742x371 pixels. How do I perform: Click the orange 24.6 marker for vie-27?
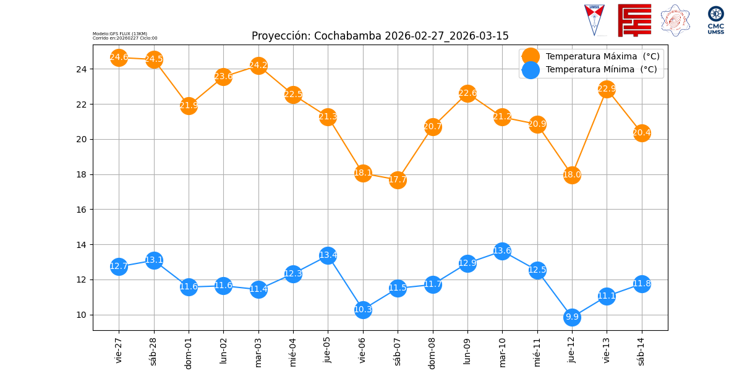pyautogui.click(x=119, y=58)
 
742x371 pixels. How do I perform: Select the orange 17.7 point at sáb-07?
pyautogui.click(x=398, y=180)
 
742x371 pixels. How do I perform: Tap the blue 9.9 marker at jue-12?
pyautogui.click(x=572, y=317)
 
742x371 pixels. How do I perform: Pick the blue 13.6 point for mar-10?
pyautogui.click(x=502, y=251)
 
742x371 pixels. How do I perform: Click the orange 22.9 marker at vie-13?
pyautogui.click(x=607, y=89)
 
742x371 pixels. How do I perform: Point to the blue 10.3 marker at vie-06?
pyautogui.click(x=363, y=310)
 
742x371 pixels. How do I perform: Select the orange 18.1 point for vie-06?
pyautogui.click(x=363, y=173)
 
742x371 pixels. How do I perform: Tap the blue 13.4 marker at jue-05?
pyautogui.click(x=328, y=255)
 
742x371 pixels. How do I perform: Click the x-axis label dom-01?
pyautogui.click(x=189, y=352)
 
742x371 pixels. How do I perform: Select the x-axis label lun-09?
pyautogui.click(x=467, y=351)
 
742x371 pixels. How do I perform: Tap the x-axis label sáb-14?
pyautogui.click(x=642, y=351)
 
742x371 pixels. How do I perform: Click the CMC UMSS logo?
pyautogui.click(x=715, y=20)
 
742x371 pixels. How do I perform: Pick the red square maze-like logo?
pyautogui.click(x=634, y=20)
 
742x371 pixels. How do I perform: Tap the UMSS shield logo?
pyautogui.click(x=594, y=19)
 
